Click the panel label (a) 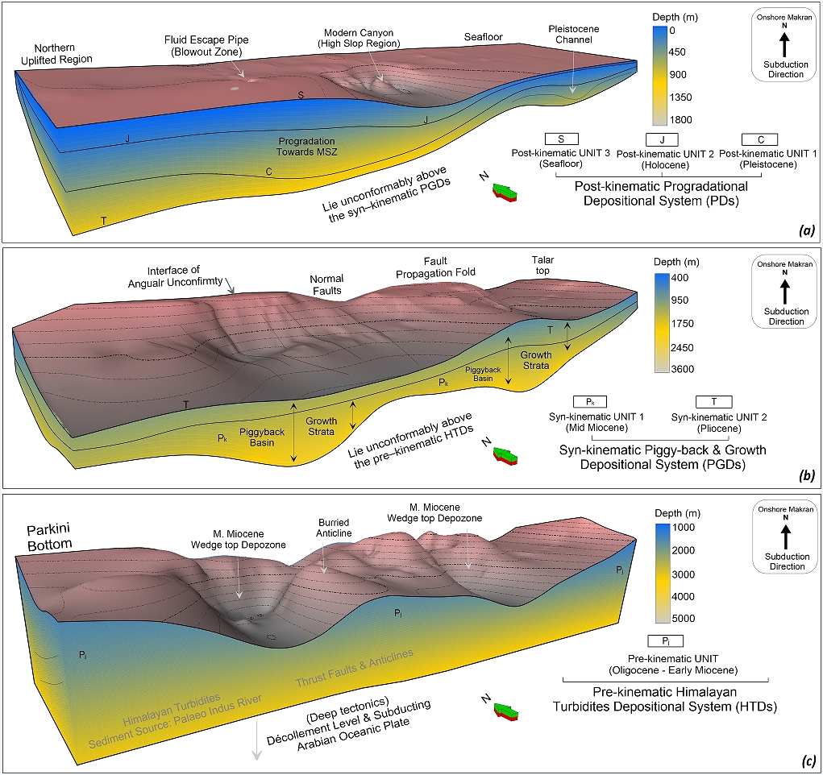coord(805,230)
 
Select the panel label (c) coord(805,760)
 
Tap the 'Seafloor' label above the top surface coord(483,37)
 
